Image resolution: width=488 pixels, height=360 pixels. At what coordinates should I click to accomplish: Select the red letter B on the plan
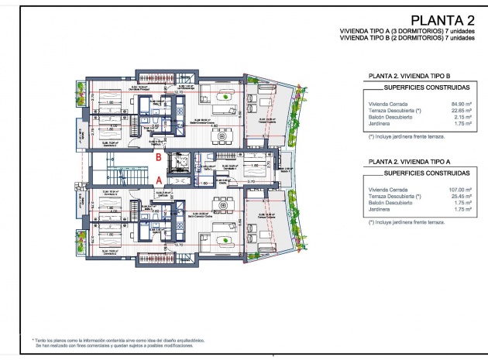click(x=160, y=156)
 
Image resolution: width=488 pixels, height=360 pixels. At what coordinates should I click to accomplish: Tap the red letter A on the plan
click(x=160, y=179)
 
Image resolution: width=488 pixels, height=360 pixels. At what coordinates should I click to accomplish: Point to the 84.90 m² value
click(x=462, y=103)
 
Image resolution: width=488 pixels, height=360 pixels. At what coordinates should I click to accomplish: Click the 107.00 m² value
click(x=461, y=190)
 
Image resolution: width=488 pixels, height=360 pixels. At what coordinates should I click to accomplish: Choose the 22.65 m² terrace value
click(x=462, y=110)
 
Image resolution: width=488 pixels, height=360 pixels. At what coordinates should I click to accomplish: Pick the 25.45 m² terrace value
click(x=462, y=197)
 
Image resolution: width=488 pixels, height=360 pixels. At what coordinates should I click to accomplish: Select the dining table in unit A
click(x=225, y=203)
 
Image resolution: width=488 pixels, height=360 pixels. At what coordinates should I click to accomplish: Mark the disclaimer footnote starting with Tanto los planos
click(x=109, y=341)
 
